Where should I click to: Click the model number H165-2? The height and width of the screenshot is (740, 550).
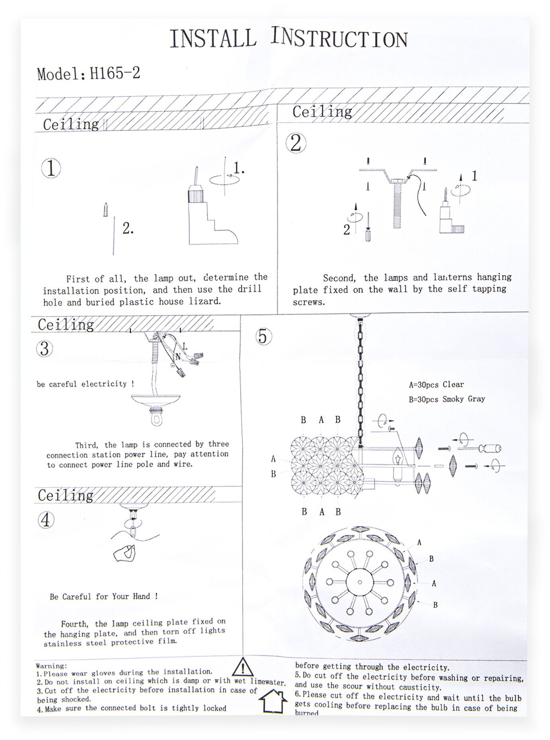(115, 73)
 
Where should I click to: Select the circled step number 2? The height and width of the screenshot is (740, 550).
(296, 143)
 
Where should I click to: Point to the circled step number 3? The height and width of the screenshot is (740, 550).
(44, 349)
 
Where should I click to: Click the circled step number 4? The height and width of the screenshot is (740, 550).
(46, 520)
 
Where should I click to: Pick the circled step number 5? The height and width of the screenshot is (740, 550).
(263, 337)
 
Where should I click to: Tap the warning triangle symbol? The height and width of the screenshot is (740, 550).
(243, 667)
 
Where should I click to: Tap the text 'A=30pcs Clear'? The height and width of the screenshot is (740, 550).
(436, 385)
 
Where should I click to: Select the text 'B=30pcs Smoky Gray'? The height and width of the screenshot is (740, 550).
(446, 399)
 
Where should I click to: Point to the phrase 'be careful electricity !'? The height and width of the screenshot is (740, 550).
(85, 384)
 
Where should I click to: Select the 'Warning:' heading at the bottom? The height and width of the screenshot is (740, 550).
(51, 666)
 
